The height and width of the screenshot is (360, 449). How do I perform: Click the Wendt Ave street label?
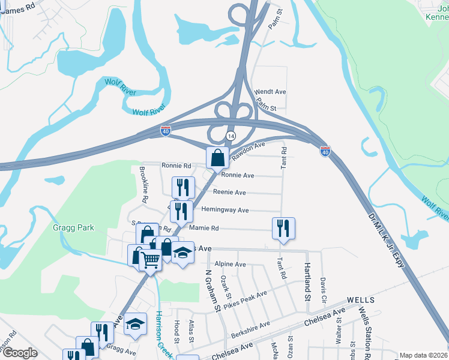(x=270, y=92)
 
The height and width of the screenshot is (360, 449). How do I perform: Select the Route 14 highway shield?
(x=230, y=136)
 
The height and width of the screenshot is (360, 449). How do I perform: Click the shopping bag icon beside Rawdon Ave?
(x=217, y=158)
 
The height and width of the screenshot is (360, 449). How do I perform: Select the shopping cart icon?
(x=150, y=260)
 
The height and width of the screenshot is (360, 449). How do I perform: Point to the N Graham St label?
(x=212, y=290)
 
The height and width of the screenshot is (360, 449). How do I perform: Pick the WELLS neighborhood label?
(x=360, y=299)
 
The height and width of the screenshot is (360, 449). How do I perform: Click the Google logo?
(x=20, y=353)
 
